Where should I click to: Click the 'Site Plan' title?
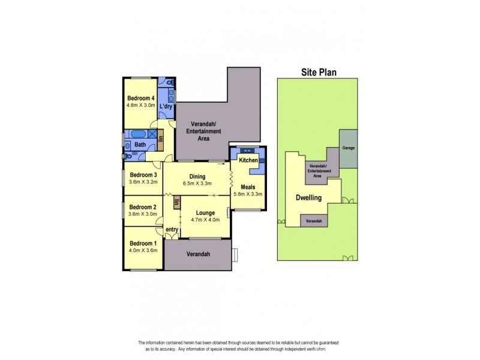[x=318, y=73]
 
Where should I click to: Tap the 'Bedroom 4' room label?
[x=141, y=98]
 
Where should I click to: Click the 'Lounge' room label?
[x=205, y=213]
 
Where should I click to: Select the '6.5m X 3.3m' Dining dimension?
[x=197, y=184]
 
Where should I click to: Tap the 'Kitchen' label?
[x=248, y=161]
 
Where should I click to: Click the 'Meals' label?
[x=248, y=187]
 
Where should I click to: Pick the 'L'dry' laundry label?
[x=166, y=107]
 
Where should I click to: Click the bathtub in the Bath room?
[x=137, y=134]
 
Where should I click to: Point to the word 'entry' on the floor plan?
[x=172, y=230]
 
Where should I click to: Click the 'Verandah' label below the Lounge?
[x=198, y=254]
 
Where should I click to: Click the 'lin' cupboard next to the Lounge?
[x=176, y=203]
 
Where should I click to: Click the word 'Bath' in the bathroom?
[x=140, y=145]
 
